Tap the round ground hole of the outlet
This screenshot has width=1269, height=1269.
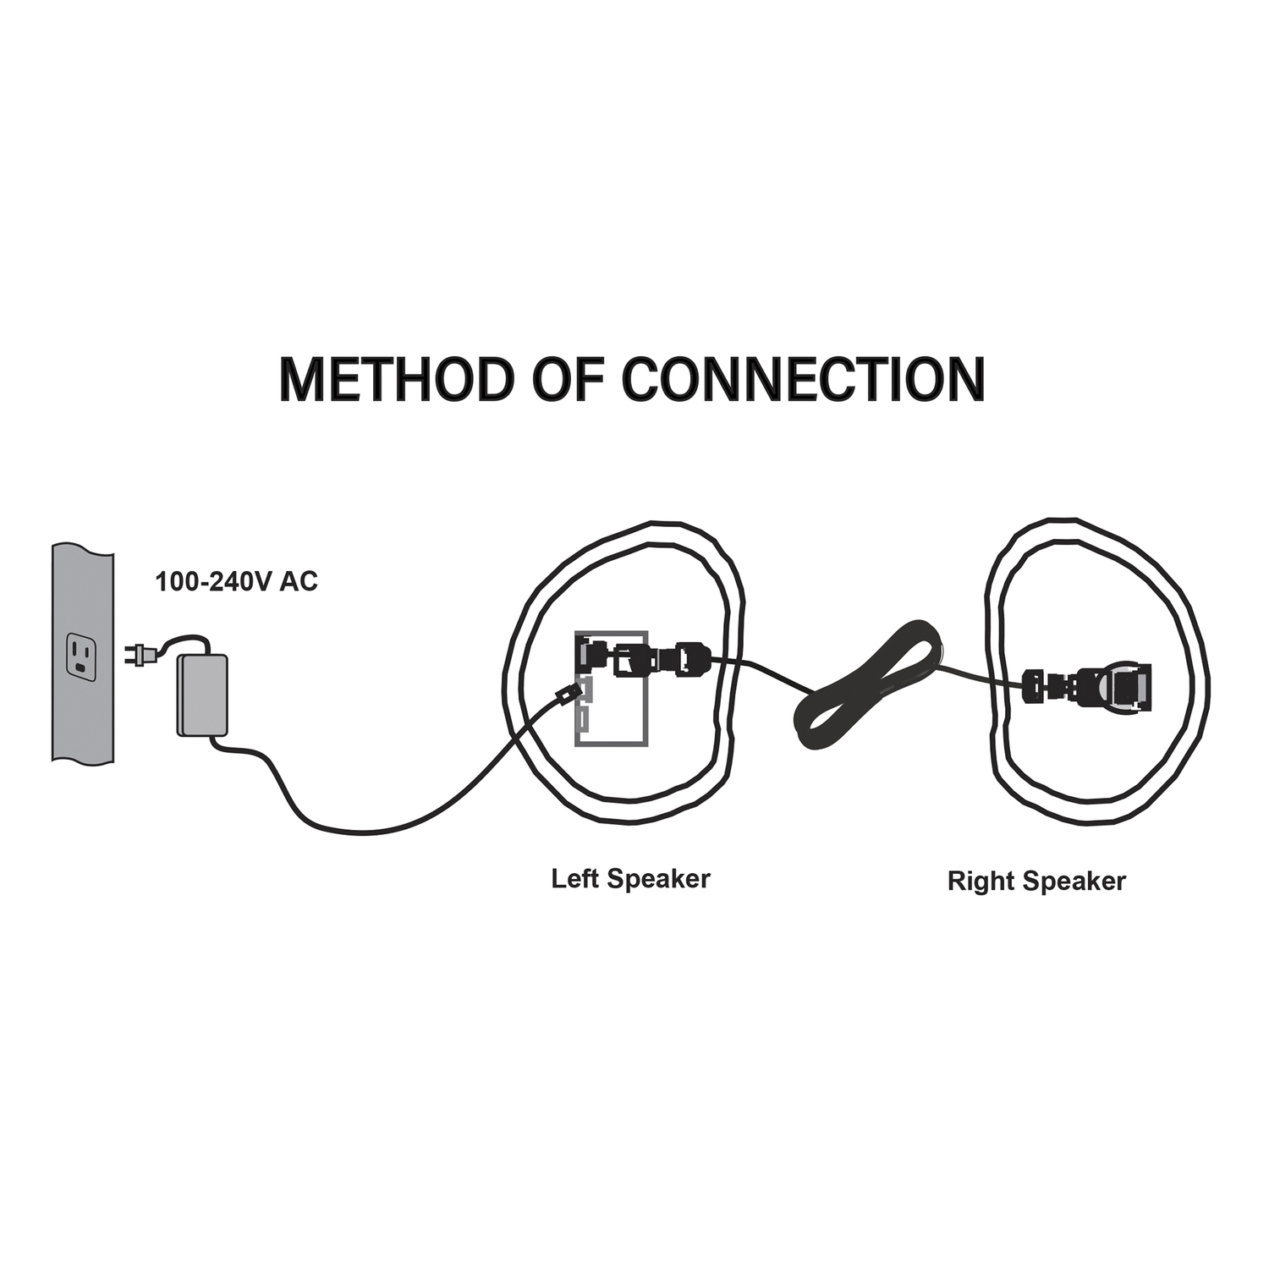81,666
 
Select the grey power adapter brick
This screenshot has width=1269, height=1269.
201,694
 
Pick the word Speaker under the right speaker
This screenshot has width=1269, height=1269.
1074,882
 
